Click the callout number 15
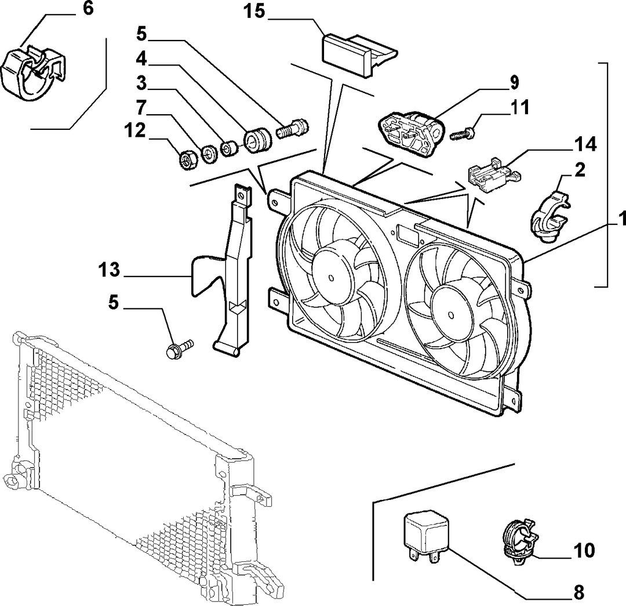(x=254, y=11)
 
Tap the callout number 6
(x=88, y=8)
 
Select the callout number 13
(x=109, y=270)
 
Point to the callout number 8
(x=578, y=593)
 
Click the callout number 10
(x=584, y=550)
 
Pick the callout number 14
(x=585, y=144)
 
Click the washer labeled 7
(x=208, y=154)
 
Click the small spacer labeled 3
(x=229, y=148)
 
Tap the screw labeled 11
(x=463, y=133)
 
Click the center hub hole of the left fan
(x=331, y=278)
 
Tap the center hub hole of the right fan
(x=451, y=315)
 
